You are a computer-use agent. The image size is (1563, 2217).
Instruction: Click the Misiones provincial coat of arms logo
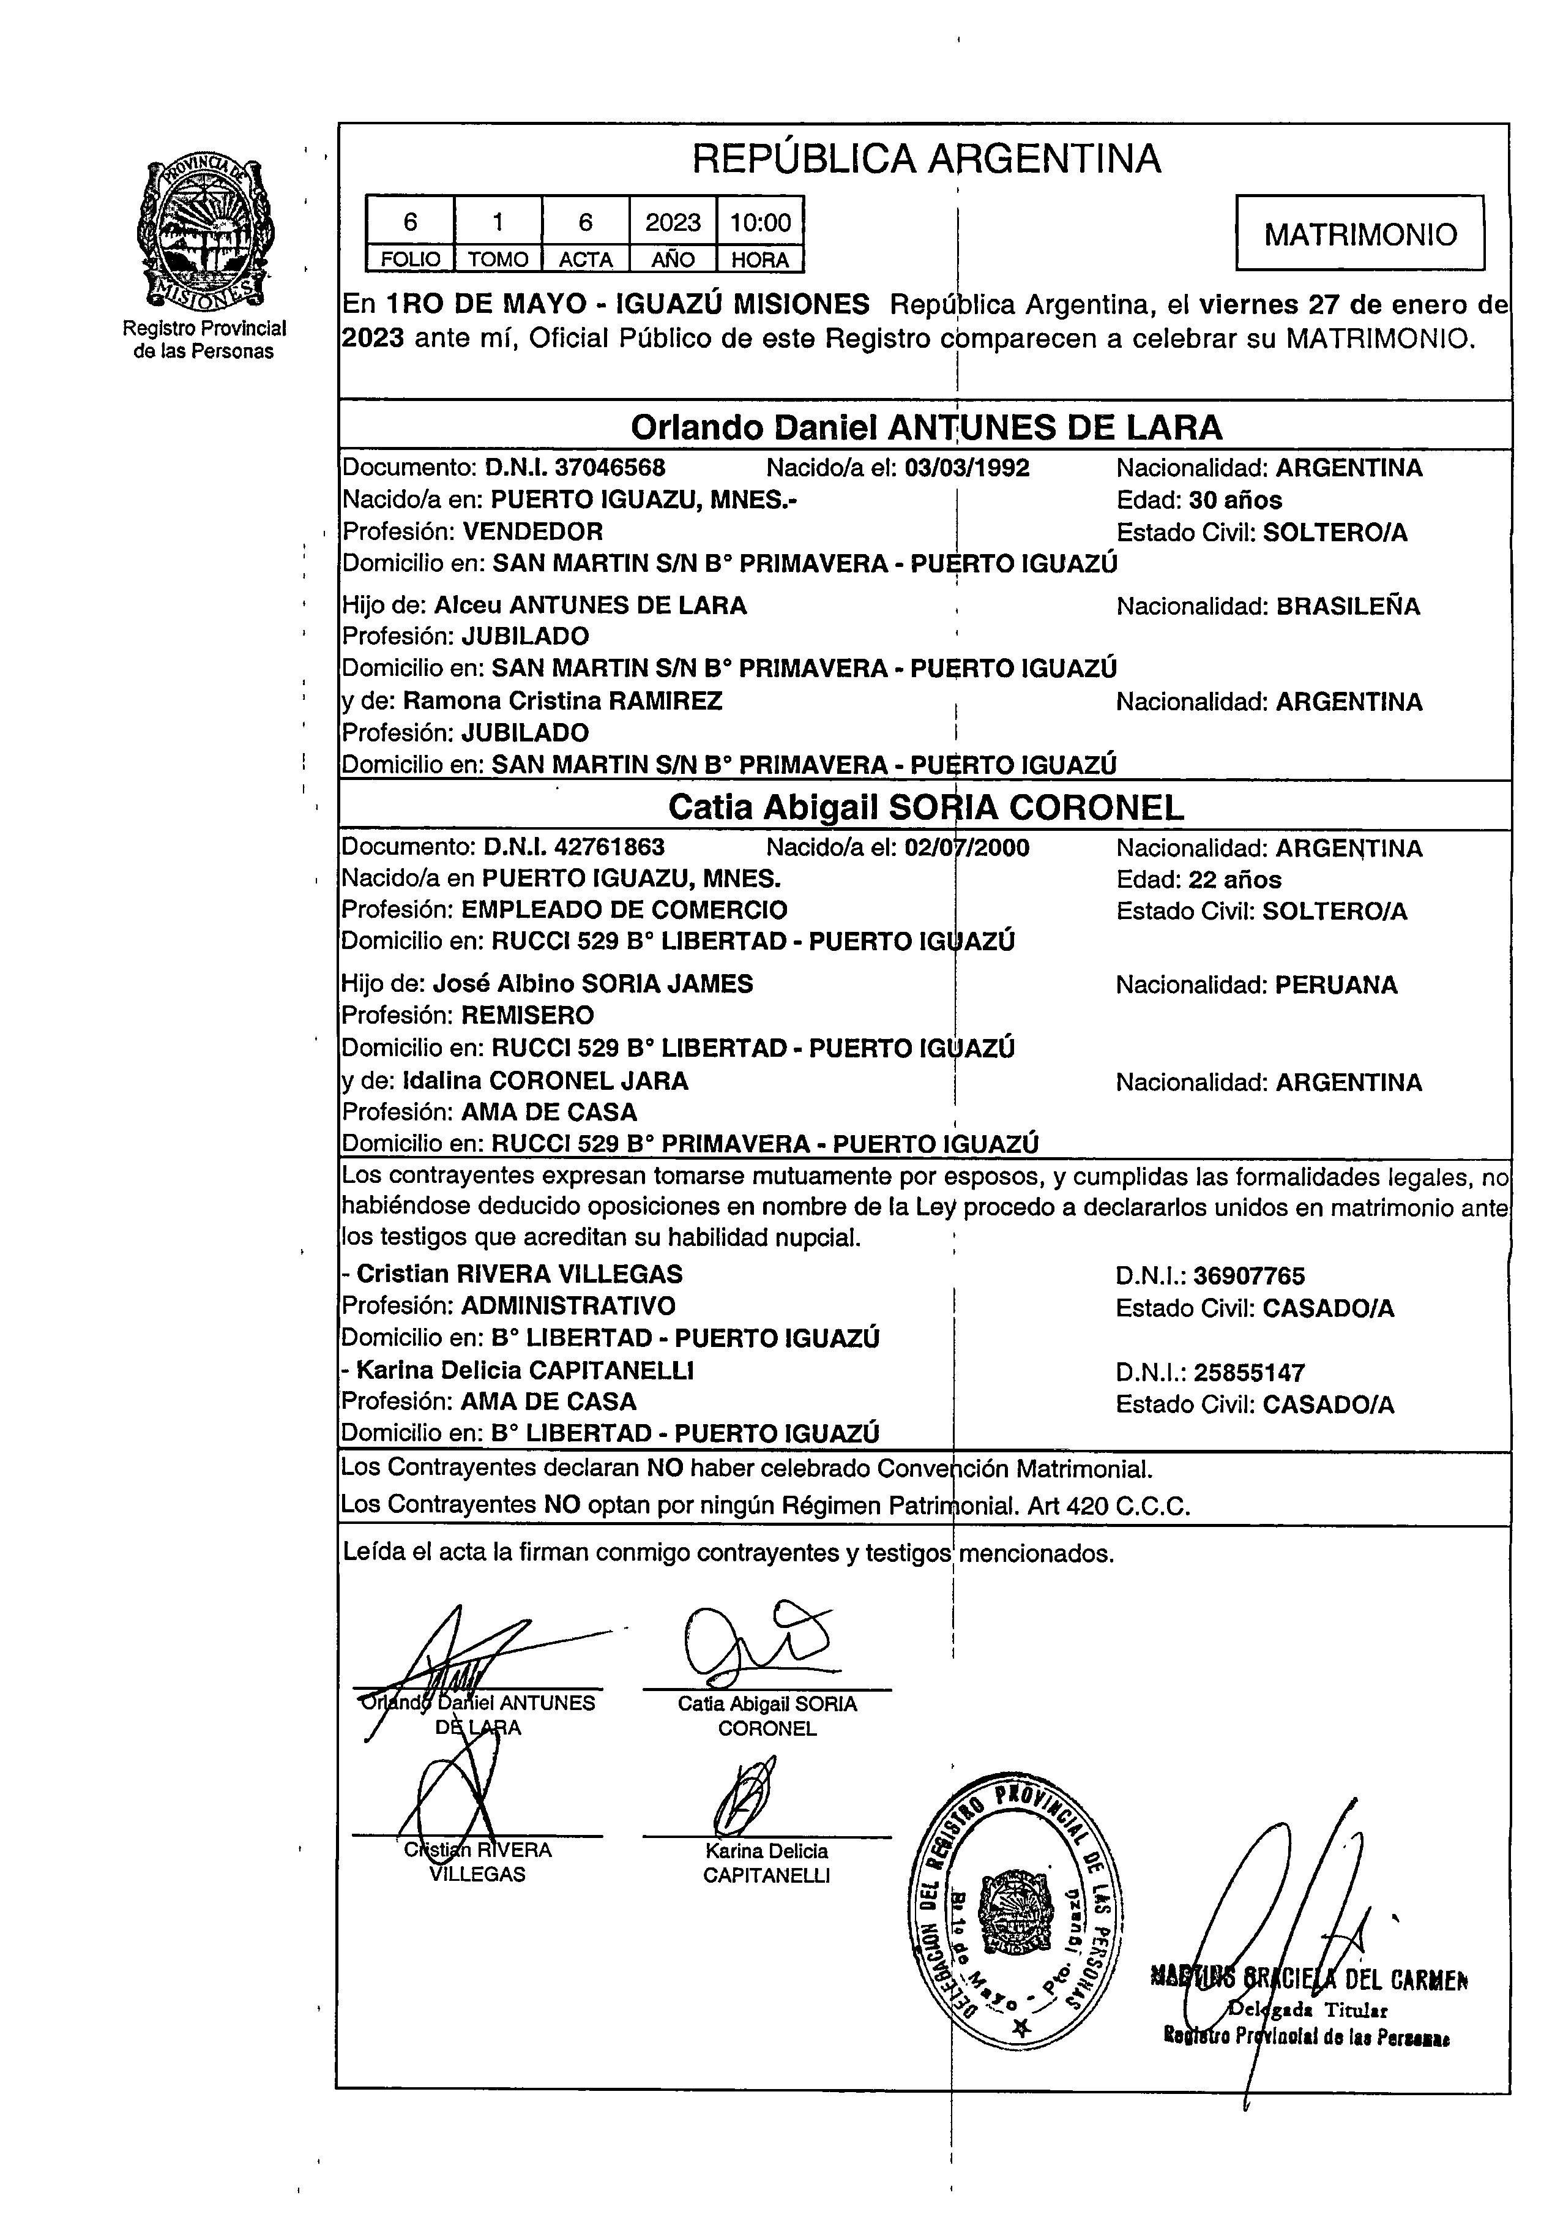(x=204, y=232)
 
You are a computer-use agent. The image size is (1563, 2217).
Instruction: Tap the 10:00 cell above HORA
(x=760, y=223)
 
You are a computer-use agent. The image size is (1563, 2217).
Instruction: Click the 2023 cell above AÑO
(x=673, y=223)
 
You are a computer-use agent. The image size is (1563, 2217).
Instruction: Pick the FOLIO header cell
(x=410, y=260)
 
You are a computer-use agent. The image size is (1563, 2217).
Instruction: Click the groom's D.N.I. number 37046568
(x=610, y=468)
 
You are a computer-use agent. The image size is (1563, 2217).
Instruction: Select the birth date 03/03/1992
(x=968, y=468)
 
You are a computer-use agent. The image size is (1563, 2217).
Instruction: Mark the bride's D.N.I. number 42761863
(x=610, y=848)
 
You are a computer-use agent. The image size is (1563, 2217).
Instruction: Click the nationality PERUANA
(x=1336, y=986)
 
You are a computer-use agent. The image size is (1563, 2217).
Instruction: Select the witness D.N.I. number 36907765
(x=1249, y=1277)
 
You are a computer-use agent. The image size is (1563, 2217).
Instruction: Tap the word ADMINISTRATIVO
(x=568, y=1307)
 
